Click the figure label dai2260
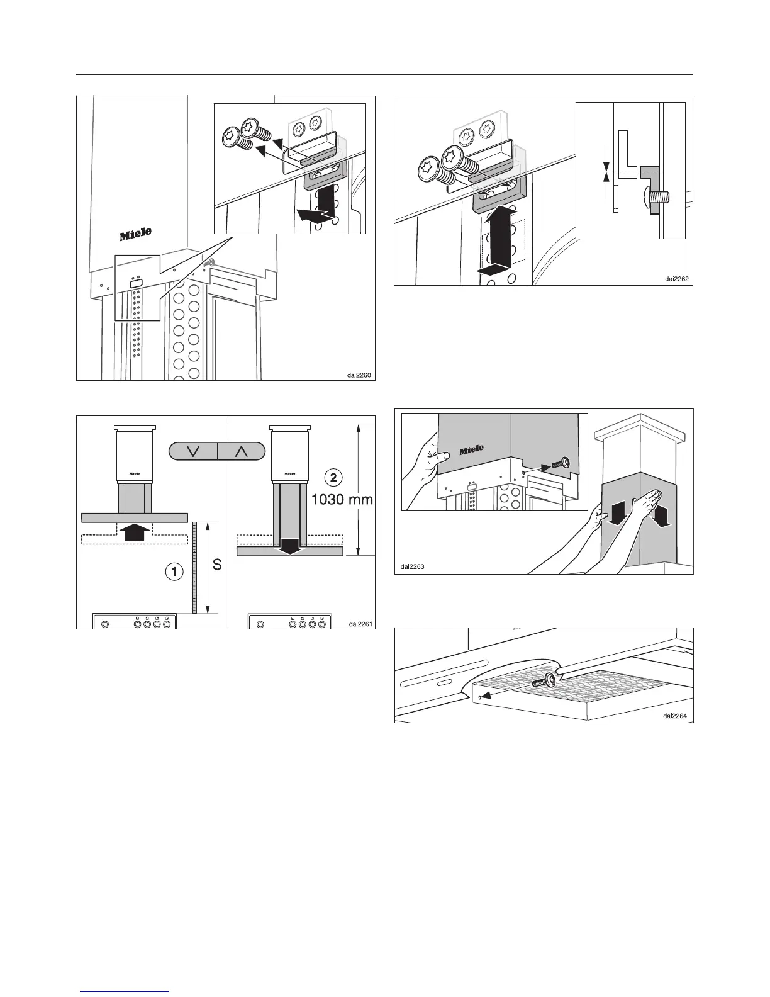359,375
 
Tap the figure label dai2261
361,624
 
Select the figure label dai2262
679,279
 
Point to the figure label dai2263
413,566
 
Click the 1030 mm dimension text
343,500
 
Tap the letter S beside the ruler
216,565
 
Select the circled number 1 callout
174,572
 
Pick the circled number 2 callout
333,476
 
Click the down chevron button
193,451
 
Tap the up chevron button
242,451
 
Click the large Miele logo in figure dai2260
136,234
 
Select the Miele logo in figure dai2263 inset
471,450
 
